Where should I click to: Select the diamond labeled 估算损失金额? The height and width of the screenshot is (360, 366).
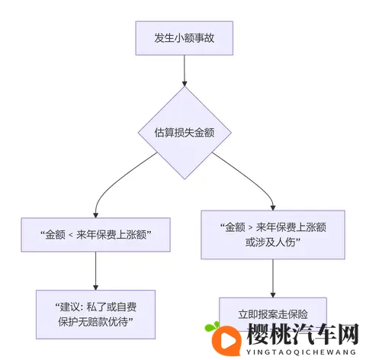tap(183, 131)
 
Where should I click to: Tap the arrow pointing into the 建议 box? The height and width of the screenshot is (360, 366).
tap(95, 272)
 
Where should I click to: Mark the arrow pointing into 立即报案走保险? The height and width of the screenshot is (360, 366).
tap(273, 278)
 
